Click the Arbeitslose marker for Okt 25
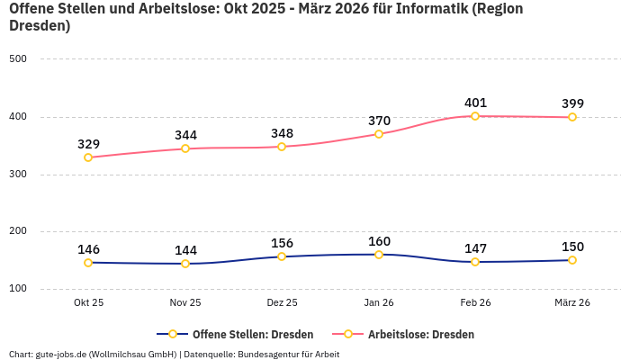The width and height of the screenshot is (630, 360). pyautogui.click(x=88, y=157)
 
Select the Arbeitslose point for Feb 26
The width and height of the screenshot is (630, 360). pyautogui.click(x=475, y=116)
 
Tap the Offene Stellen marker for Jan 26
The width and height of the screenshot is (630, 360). pyautogui.click(x=379, y=255)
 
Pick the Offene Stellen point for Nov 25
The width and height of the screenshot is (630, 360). pyautogui.click(x=185, y=264)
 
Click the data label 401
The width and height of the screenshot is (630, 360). pyautogui.click(x=475, y=103)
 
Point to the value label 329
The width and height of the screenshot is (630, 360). pyautogui.click(x=88, y=144)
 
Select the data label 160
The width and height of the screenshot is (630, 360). pyautogui.click(x=379, y=241)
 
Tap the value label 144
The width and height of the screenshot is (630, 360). pyautogui.click(x=185, y=250)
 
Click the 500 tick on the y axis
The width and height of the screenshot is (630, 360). pyautogui.click(x=18, y=59)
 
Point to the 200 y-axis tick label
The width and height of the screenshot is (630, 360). pyautogui.click(x=18, y=231)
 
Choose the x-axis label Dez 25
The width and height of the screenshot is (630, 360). pyautogui.click(x=282, y=303)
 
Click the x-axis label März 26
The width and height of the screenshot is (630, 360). pyautogui.click(x=572, y=303)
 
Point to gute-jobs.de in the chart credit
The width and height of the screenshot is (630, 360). pyautogui.click(x=60, y=354)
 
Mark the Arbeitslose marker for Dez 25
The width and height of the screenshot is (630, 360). pyautogui.click(x=282, y=147)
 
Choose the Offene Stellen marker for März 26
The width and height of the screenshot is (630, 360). pyautogui.click(x=572, y=260)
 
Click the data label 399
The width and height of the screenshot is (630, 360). pyautogui.click(x=572, y=103)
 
